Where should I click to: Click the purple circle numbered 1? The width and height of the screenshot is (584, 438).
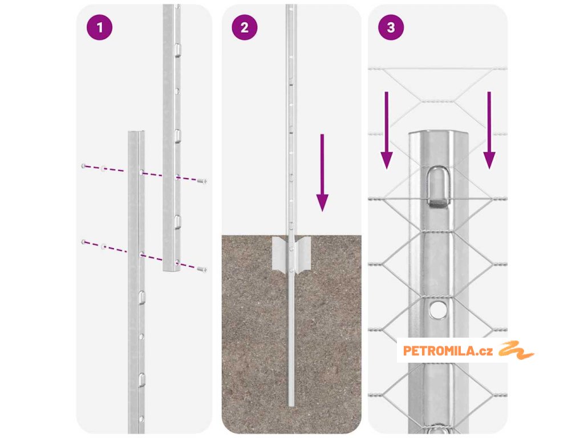pyautogui.click(x=99, y=27)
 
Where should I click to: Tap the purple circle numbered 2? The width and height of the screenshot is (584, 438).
pyautogui.click(x=244, y=27)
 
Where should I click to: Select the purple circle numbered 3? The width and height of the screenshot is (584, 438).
pyautogui.click(x=391, y=27)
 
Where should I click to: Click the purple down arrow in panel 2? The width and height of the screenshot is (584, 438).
pyautogui.click(x=322, y=173)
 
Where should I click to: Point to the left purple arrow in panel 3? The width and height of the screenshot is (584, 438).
pyautogui.click(x=387, y=131)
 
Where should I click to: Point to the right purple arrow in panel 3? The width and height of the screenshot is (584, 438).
pyautogui.click(x=489, y=131)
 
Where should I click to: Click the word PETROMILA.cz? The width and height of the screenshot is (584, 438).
pyautogui.click(x=448, y=351)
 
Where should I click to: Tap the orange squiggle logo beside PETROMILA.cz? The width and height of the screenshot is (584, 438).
pyautogui.click(x=516, y=350)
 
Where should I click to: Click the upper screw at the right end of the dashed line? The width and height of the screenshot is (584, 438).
pyautogui.click(x=202, y=181)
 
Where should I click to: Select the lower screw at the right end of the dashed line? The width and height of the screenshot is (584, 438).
pyautogui.click(x=202, y=269)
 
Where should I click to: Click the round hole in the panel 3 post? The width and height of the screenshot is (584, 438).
pyautogui.click(x=438, y=309)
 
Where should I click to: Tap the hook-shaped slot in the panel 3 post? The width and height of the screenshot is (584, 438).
pyautogui.click(x=439, y=186)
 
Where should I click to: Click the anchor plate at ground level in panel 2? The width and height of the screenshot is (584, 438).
pyautogui.click(x=291, y=253)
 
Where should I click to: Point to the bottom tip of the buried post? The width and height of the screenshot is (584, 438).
pyautogui.click(x=291, y=405)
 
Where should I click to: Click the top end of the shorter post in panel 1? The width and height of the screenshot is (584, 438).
pyautogui.click(x=136, y=132)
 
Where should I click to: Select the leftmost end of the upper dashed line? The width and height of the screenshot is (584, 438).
pyautogui.click(x=83, y=166)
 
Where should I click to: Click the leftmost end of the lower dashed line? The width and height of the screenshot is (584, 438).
pyautogui.click(x=83, y=242)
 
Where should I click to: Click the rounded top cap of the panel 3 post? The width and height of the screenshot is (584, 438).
pyautogui.click(x=439, y=135)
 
